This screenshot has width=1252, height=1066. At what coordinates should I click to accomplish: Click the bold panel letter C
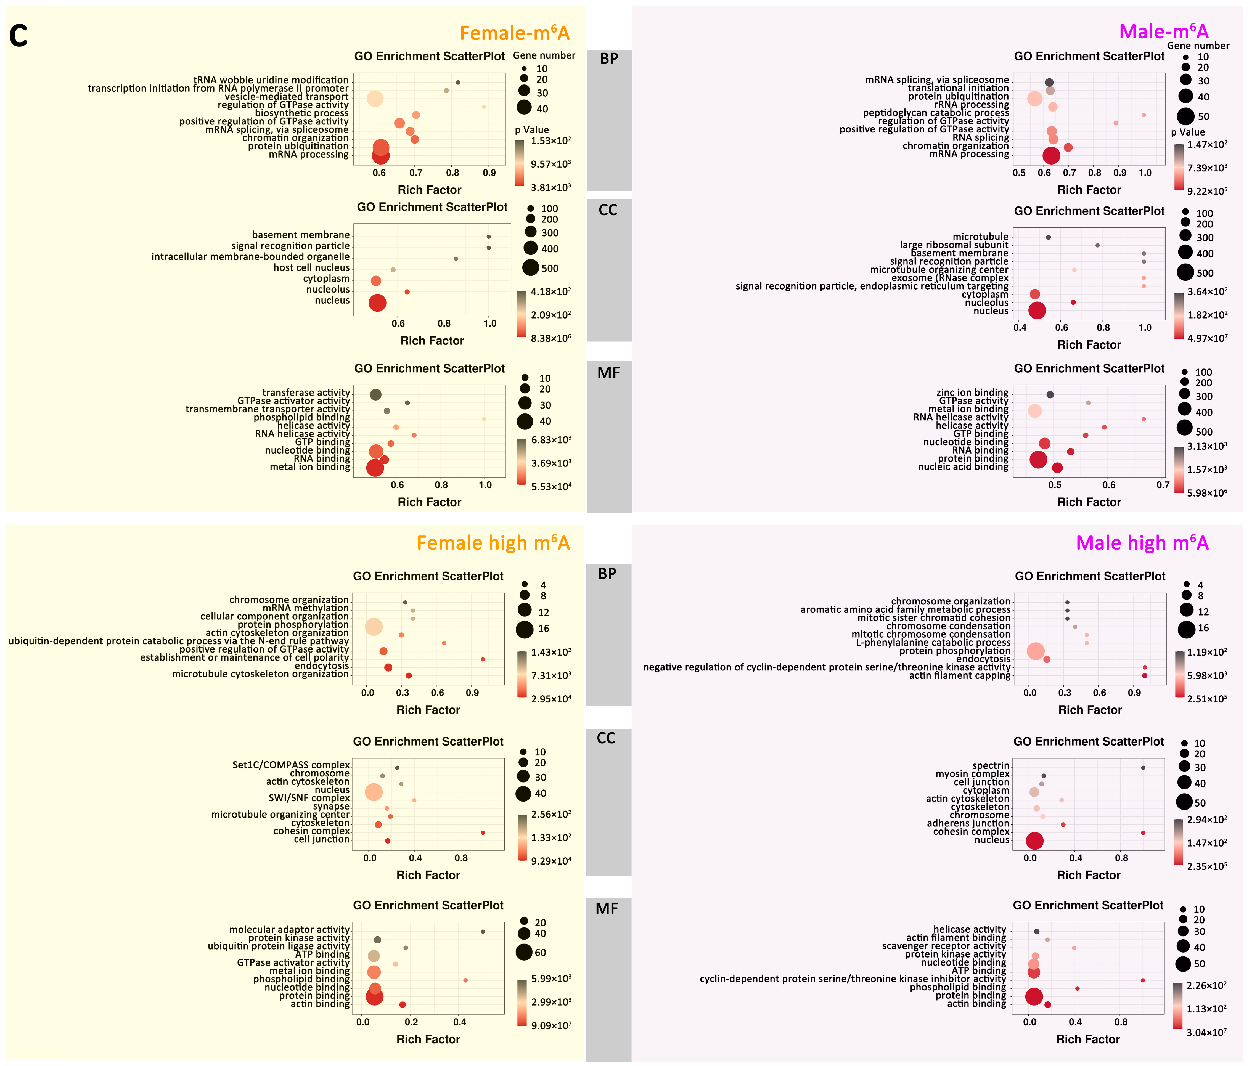(x=18, y=36)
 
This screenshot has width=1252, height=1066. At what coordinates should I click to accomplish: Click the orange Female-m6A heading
(x=514, y=33)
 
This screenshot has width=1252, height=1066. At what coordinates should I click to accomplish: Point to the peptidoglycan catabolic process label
(x=935, y=113)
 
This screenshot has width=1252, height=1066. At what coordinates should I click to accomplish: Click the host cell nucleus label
(x=311, y=267)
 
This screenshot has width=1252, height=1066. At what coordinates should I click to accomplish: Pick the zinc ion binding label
(x=972, y=393)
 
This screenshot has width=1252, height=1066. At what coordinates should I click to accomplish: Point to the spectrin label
(x=991, y=766)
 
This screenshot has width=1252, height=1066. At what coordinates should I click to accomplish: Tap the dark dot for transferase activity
(x=375, y=394)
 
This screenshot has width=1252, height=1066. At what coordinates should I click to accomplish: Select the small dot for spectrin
(x=1143, y=768)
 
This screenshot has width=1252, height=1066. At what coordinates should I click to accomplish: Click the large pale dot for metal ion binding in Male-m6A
(x=1034, y=411)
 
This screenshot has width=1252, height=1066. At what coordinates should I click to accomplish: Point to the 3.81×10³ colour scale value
(x=550, y=187)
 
